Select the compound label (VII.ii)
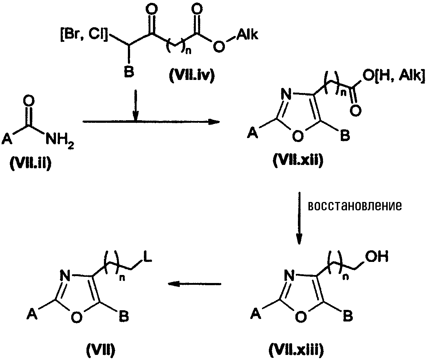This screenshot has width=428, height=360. coord(30,163)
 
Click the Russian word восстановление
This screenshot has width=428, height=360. coord(355,206)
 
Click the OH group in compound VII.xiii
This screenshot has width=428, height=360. coord(377,257)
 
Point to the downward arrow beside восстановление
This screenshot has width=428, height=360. coord(299,218)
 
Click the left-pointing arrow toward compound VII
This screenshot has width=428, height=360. coord(194,284)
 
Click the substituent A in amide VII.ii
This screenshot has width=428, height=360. coord(7,140)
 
